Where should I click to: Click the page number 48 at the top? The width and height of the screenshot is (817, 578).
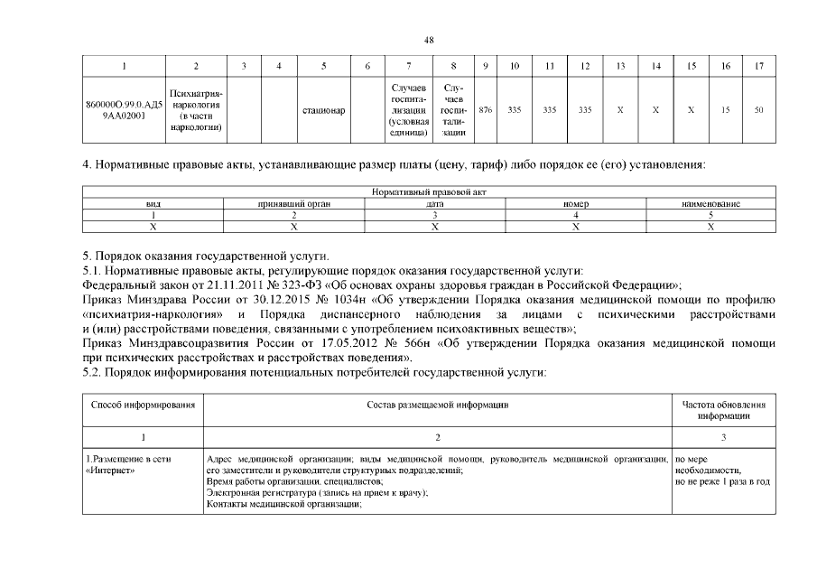(429, 39)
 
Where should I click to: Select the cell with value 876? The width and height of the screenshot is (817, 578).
(486, 110)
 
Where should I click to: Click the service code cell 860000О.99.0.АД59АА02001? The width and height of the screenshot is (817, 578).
(122, 110)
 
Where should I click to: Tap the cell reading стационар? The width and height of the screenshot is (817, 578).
(323, 110)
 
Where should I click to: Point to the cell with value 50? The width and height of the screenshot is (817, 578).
(759, 110)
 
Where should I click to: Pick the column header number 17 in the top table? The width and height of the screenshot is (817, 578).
(759, 66)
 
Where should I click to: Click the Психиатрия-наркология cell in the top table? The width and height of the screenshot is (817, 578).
(196, 110)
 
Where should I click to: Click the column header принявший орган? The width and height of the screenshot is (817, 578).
(294, 204)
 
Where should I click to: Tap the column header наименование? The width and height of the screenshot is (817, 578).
(711, 204)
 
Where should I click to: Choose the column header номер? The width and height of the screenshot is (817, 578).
(576, 204)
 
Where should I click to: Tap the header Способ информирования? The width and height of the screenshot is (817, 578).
(144, 406)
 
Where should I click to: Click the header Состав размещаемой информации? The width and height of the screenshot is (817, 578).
(438, 406)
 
